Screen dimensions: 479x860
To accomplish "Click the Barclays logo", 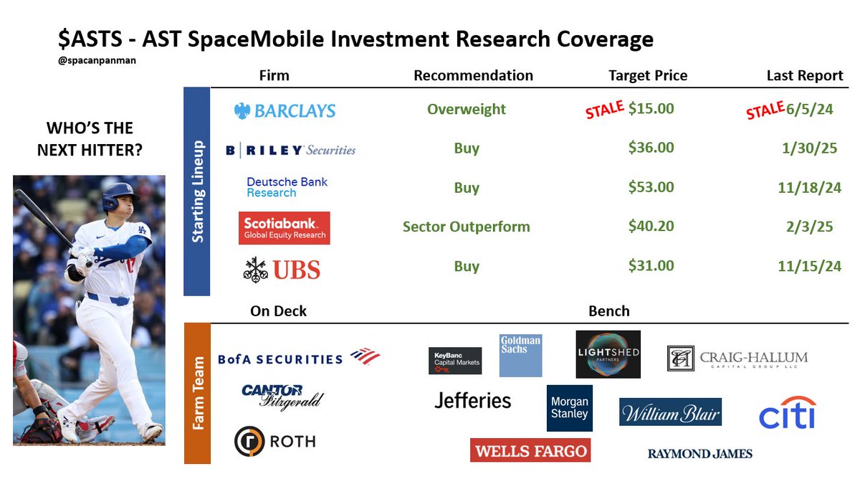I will [285, 110].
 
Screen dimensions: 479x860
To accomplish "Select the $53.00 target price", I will [651, 187].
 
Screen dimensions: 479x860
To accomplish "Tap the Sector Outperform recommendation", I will [466, 227].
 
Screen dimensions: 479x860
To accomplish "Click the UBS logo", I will [282, 269].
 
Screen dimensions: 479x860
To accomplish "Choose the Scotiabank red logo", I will [284, 227].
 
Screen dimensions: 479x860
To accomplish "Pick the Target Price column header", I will [647, 75].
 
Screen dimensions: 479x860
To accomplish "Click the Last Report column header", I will [805, 75].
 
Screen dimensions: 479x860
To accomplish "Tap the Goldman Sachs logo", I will [520, 355].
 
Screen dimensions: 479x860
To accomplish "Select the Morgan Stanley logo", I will [569, 408].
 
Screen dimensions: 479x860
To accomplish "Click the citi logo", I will [788, 412].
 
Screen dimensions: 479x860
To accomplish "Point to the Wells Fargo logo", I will [530, 450].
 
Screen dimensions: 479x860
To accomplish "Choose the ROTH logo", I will [275, 441].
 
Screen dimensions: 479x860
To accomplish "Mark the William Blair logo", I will [669, 412].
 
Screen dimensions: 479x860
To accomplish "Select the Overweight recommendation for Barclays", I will [466, 109].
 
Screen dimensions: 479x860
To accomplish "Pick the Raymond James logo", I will [699, 453].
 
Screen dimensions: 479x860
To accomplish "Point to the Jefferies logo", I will [473, 400].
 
